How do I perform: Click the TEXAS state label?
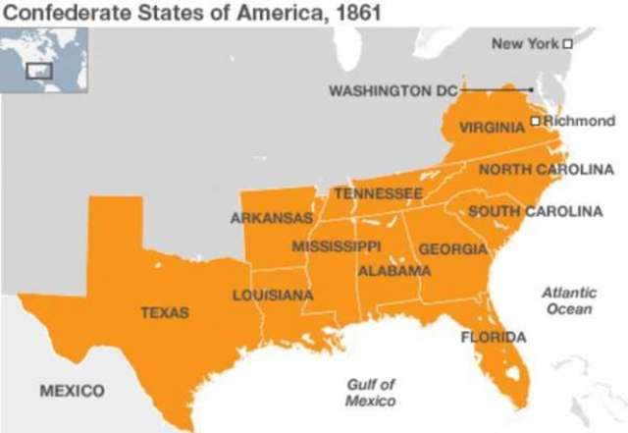coord(165,312)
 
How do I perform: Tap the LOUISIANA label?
coord(273,295)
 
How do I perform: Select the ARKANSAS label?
coord(271,218)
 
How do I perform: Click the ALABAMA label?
coord(394,270)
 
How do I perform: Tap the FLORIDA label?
coord(494,337)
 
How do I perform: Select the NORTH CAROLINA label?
coord(546,170)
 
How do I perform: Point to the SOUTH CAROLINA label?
coord(535,211)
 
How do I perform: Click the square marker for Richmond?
coord(535,121)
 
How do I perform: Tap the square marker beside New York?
coord(567,43)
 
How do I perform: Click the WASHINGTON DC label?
coord(392,90)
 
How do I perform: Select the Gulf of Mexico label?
coord(371,393)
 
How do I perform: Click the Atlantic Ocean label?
coord(570,300)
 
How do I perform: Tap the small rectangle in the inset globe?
coord(38,70)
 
